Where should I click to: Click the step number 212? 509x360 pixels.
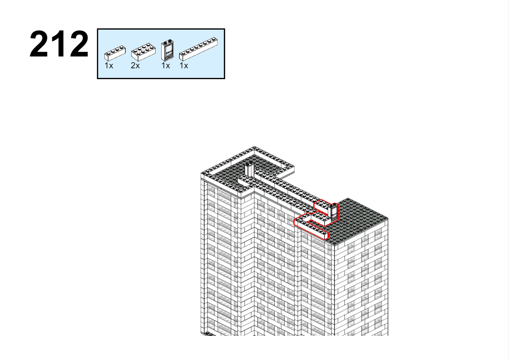[59, 44]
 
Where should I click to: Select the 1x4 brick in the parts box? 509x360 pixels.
[115, 53]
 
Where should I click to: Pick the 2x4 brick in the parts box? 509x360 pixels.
[143, 52]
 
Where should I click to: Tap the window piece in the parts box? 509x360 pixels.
[167, 50]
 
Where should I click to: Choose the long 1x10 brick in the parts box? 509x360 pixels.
[198, 49]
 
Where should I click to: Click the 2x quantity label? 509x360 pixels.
[135, 66]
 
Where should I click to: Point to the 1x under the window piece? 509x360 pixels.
[166, 66]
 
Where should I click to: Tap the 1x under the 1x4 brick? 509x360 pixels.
[109, 66]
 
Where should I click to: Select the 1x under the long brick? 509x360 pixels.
[184, 66]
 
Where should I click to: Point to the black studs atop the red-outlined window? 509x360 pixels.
[334, 205]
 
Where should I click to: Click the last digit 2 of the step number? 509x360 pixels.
[79, 44]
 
